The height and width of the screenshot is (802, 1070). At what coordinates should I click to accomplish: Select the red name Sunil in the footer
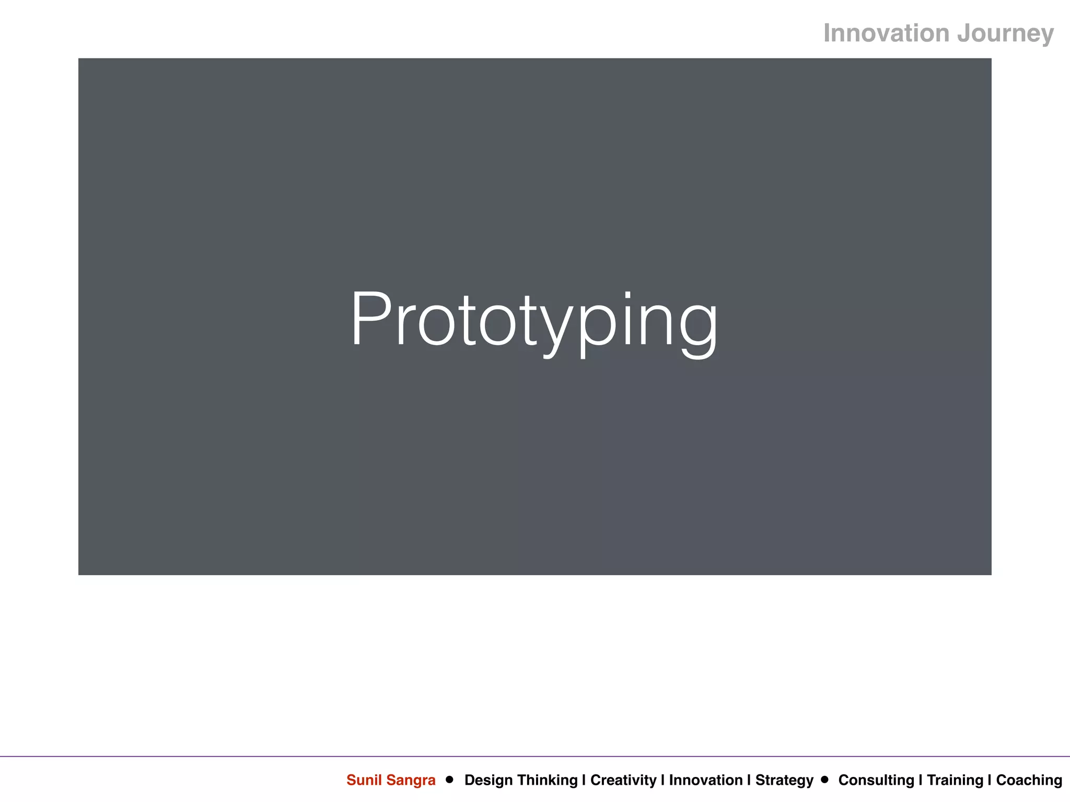tap(364, 780)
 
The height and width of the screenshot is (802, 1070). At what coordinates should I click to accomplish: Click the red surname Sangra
tap(411, 781)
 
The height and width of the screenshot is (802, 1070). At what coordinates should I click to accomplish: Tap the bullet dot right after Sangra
tap(449, 780)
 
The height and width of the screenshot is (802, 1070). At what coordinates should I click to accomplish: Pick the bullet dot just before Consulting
tap(825, 780)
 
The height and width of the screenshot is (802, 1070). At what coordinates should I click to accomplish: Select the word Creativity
tap(623, 781)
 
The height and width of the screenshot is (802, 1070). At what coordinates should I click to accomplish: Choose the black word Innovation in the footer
tap(706, 780)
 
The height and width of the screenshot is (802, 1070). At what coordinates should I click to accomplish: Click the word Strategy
tap(784, 781)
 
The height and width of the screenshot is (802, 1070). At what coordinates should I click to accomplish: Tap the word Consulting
tap(876, 781)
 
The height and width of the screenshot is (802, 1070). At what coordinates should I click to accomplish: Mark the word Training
tap(955, 781)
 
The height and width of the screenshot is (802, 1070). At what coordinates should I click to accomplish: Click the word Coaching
tap(1029, 781)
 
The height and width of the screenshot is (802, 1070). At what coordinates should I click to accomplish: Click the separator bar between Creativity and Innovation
tap(662, 780)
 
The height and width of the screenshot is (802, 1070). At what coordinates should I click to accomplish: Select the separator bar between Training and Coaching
tap(990, 780)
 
